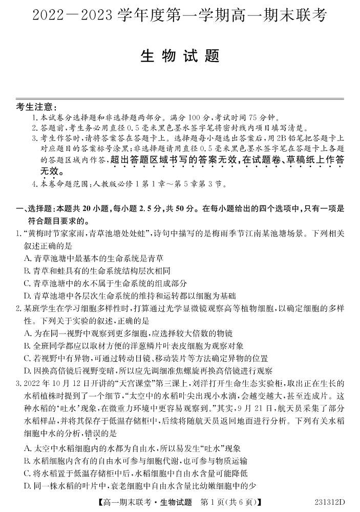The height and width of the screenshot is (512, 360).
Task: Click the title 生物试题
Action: (180, 56)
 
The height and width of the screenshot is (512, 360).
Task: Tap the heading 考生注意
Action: (35, 107)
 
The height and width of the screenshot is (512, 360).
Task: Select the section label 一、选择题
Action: (34, 209)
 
